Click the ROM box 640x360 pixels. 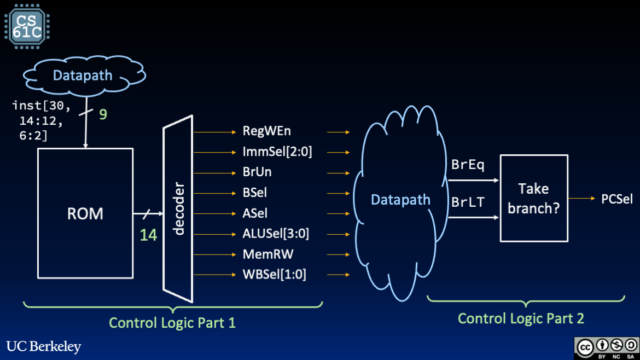point(85,213)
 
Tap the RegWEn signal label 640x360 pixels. point(266,131)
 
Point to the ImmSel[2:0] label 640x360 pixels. point(277,152)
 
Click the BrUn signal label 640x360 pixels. point(257,172)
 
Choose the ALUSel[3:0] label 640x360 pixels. point(276,234)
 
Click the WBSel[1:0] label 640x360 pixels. point(274,275)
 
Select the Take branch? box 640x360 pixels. point(533,198)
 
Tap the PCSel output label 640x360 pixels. point(616,199)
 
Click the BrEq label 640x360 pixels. point(468,165)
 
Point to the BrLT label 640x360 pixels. point(468,202)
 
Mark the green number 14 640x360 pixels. point(148,235)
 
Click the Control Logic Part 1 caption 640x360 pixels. point(172,323)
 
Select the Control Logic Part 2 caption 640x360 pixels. point(521,318)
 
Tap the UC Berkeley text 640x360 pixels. point(44,346)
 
